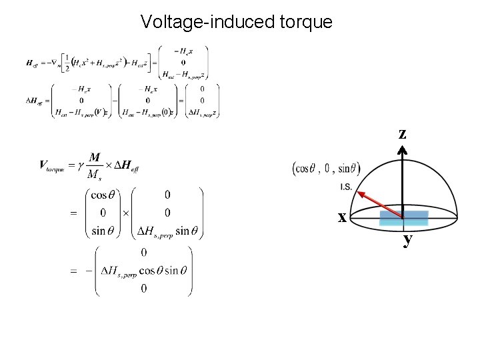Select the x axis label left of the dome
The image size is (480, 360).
click(x=341, y=217)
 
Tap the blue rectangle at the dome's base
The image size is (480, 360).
click(x=404, y=217)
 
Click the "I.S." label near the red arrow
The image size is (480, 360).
click(x=346, y=186)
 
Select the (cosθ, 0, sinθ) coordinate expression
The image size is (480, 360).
click(x=327, y=168)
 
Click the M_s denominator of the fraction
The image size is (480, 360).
click(x=95, y=173)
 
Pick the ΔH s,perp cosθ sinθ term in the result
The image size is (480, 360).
click(x=143, y=271)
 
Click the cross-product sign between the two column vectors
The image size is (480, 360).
click(x=123, y=213)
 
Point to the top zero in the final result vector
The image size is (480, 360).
click(x=144, y=253)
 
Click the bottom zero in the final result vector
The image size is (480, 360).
click(x=144, y=289)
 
